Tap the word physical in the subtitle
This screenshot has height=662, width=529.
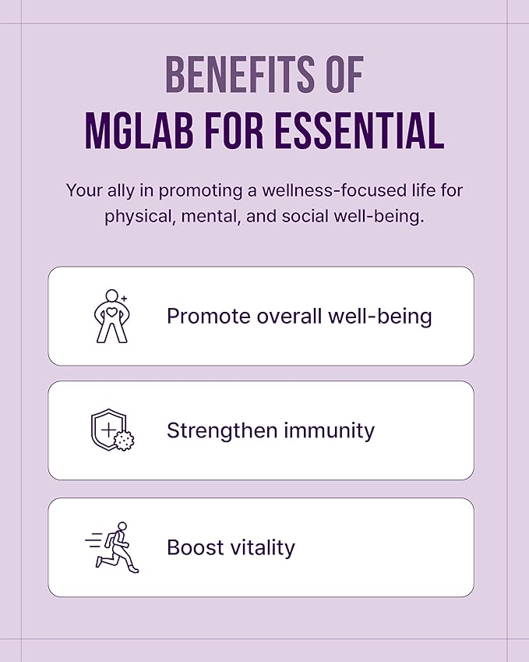(x=137, y=216)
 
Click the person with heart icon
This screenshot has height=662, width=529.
(x=110, y=316)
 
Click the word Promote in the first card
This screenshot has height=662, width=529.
(x=207, y=317)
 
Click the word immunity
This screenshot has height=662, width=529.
(x=330, y=431)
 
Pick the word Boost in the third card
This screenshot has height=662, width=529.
(x=196, y=547)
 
